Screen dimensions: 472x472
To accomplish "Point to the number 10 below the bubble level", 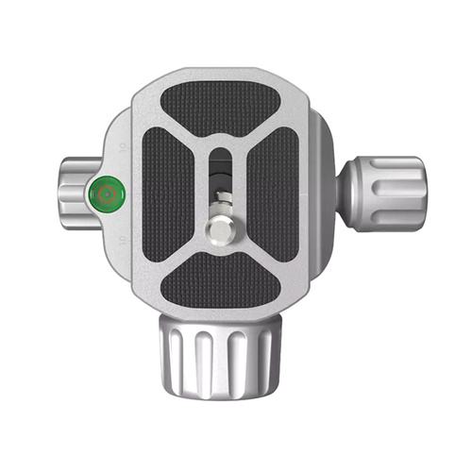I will pos(123,244).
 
